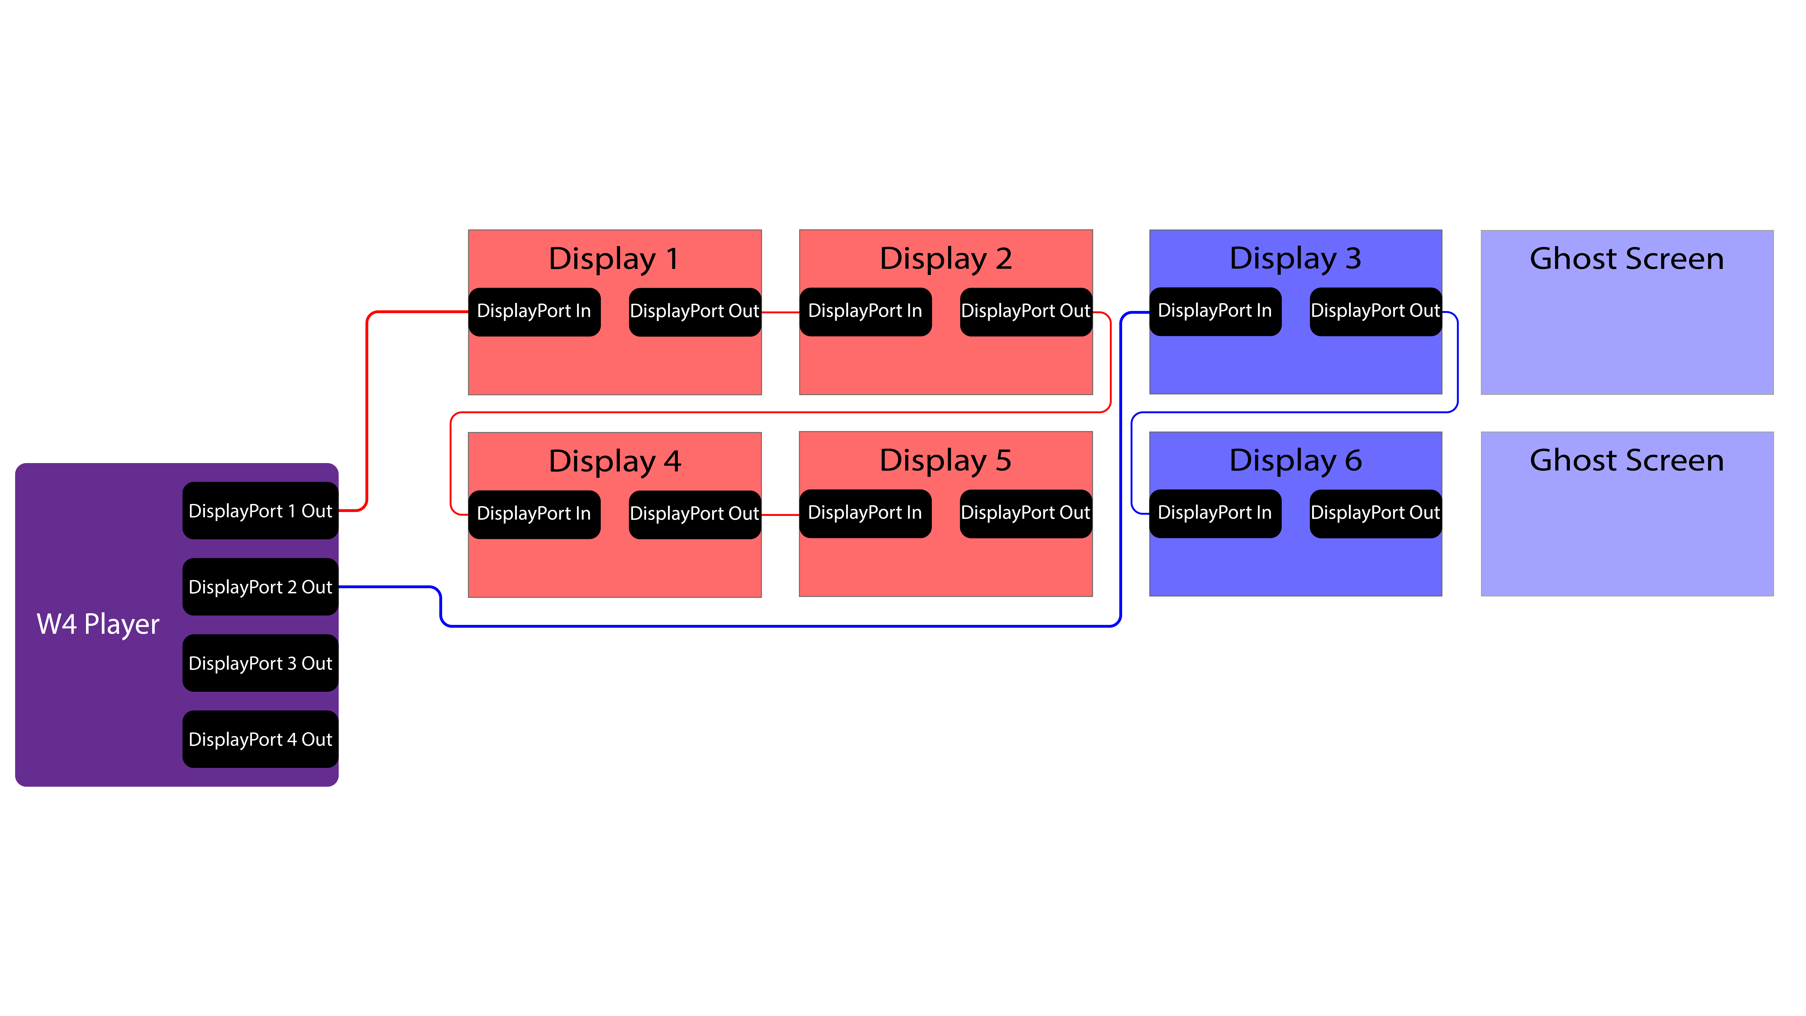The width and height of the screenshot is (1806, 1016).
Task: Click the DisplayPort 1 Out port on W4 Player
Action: (x=260, y=510)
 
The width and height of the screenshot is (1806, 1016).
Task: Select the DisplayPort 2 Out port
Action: (x=260, y=587)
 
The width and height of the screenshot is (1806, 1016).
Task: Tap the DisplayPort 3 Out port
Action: (x=260, y=663)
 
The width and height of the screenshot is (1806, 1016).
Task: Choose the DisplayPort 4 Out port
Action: (x=260, y=739)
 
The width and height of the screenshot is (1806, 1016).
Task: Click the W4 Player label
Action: (x=98, y=624)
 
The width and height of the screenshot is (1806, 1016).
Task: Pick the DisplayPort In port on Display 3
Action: (x=1215, y=311)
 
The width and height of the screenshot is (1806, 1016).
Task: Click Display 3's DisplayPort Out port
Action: (x=1376, y=311)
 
